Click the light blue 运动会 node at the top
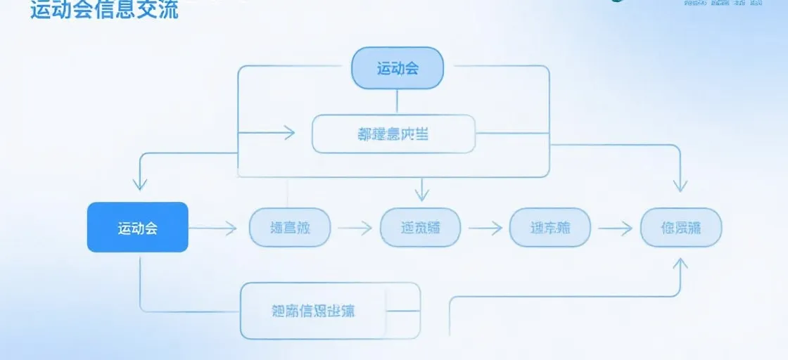click(x=398, y=68)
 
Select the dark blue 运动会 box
click(x=138, y=227)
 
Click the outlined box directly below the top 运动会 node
click(x=393, y=134)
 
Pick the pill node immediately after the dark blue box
click(x=290, y=227)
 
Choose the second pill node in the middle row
click(x=420, y=227)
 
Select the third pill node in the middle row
click(x=550, y=227)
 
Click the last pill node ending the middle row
click(x=681, y=227)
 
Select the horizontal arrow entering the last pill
click(x=615, y=227)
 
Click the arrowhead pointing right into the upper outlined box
click(x=289, y=133)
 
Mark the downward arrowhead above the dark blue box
click(x=140, y=184)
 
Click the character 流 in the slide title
click(x=167, y=10)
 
